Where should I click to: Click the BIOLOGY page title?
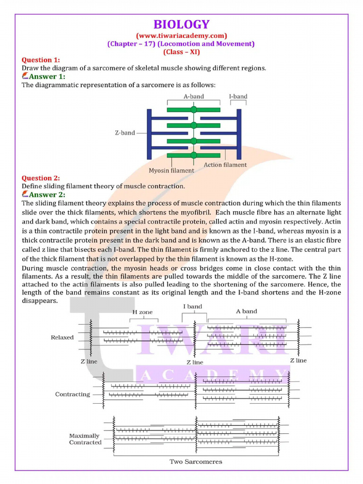181,25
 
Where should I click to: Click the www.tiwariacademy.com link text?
181,35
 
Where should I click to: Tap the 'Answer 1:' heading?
46,77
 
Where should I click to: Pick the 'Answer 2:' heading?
46,194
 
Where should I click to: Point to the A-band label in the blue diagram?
194,96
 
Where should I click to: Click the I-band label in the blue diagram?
238,96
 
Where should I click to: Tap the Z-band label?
125,133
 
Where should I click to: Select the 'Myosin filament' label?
171,170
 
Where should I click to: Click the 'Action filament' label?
225,165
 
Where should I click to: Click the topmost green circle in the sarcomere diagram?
194,110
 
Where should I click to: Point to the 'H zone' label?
142,312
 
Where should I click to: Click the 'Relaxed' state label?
62,337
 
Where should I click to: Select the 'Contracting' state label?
72,394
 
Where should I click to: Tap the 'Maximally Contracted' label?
85,439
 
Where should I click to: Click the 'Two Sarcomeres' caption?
196,461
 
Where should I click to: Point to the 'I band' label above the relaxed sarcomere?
192,306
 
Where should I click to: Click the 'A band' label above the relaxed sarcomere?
246,311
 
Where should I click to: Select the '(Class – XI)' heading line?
181,52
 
